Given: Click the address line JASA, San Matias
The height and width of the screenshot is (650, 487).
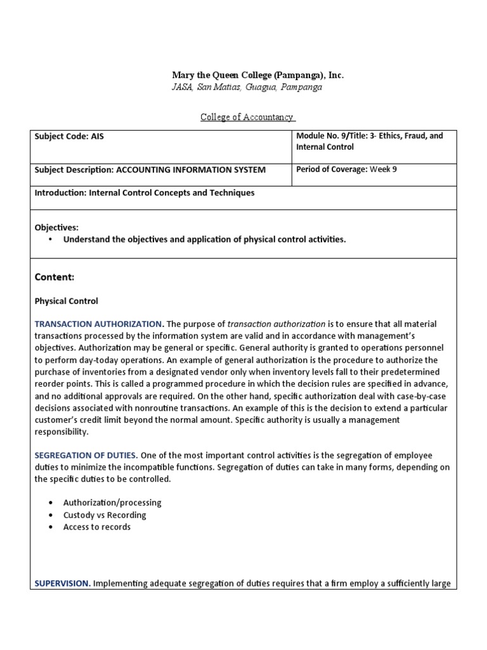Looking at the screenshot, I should (247, 87).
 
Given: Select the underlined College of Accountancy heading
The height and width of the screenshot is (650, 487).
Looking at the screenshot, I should (248, 117).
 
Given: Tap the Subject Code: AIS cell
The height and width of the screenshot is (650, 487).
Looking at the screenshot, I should (69, 136).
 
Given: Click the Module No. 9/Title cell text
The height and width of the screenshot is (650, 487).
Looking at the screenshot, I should (369, 141).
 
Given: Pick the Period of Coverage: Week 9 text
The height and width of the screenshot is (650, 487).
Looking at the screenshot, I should (346, 169).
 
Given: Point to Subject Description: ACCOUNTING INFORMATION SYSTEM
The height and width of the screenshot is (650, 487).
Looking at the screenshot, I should (150, 169).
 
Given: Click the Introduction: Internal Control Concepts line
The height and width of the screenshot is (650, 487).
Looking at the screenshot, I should (145, 192).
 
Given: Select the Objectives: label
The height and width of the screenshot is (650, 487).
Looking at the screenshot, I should (56, 227).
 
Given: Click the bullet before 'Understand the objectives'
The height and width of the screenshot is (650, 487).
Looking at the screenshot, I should (51, 239).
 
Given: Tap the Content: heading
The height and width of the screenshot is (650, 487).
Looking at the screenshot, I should (55, 277).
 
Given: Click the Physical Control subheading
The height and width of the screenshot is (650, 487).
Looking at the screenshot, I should (67, 301).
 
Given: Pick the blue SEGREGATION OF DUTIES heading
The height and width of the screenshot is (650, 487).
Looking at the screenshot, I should (86, 455).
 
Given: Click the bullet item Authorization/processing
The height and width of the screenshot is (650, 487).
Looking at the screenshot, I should (112, 502).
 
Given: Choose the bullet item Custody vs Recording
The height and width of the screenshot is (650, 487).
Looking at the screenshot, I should (105, 515).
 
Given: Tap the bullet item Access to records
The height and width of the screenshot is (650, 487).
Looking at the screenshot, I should (97, 527).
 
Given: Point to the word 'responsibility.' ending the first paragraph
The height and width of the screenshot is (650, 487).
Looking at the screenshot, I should (62, 432).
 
